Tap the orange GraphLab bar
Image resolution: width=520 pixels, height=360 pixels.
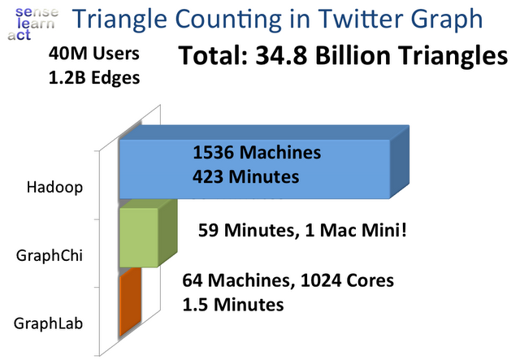(130, 302)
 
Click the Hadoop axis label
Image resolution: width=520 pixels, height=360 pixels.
(54, 188)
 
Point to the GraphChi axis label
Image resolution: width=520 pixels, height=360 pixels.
(50, 256)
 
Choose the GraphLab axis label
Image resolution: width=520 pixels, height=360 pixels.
(49, 323)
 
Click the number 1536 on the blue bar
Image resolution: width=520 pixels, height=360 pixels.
(214, 153)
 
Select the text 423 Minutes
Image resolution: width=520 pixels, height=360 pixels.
(245, 176)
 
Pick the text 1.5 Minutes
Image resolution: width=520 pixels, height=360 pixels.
(233, 305)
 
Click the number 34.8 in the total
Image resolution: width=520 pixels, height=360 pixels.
(282, 55)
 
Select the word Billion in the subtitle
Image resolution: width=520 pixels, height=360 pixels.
(353, 55)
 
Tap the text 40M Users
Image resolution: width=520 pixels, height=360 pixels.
(94, 54)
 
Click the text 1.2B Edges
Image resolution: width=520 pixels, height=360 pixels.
(94, 78)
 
